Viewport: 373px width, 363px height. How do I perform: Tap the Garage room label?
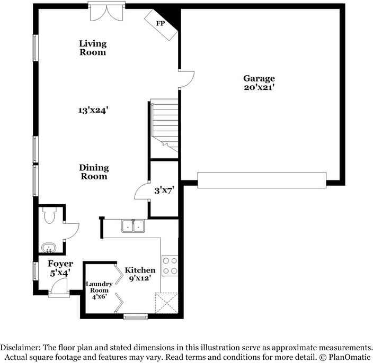259,78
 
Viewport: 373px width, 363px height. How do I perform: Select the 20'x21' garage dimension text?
259,87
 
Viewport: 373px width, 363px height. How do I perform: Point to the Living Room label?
93,48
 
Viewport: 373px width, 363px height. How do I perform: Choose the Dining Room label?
94,172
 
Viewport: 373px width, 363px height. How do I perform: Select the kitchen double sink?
133,226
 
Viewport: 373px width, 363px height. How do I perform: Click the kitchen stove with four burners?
170,265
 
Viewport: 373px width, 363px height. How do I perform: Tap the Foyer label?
60,264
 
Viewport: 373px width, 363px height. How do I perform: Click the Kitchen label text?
140,270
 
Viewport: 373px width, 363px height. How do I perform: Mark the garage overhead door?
262,180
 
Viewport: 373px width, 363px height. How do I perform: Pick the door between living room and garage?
185,79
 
